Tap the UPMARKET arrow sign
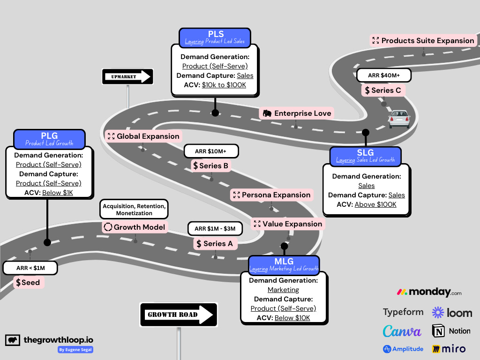tap(127, 77)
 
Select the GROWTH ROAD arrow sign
tap(179, 315)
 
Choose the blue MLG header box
tap(284, 264)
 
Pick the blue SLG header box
tap(366, 156)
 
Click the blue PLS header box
tap(215, 37)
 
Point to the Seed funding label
tap(29, 282)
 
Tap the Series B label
tap(211, 165)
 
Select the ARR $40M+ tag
tap(383, 75)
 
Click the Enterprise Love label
tap(297, 113)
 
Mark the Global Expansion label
tap(143, 136)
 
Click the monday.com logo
tap(429, 292)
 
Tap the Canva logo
tap(402, 331)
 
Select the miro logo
tap(449, 349)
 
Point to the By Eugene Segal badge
tap(75, 350)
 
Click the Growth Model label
tap(135, 227)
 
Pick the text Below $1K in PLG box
tap(58, 193)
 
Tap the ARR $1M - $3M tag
tap(215, 228)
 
